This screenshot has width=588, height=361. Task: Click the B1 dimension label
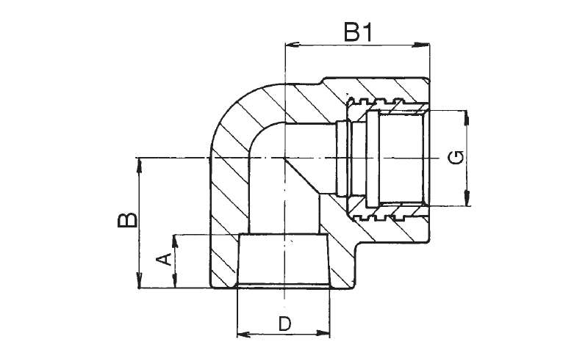(x=359, y=32)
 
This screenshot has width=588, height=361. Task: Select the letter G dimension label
(x=456, y=157)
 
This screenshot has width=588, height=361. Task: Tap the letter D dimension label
(x=284, y=324)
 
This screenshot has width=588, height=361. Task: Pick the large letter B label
(x=127, y=221)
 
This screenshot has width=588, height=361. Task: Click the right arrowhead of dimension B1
(x=420, y=45)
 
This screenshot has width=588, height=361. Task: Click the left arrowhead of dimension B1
(x=293, y=45)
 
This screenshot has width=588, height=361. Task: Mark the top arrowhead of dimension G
(x=467, y=118)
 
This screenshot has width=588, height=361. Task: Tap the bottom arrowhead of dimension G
(x=467, y=197)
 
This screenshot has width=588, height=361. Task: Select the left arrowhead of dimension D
(x=245, y=334)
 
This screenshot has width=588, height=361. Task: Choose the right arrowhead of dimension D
(x=322, y=333)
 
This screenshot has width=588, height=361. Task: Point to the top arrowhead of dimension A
(x=174, y=243)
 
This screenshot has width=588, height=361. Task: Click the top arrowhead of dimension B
(x=139, y=166)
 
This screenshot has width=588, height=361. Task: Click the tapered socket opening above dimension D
(x=284, y=260)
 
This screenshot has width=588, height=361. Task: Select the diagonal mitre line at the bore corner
(x=302, y=176)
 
